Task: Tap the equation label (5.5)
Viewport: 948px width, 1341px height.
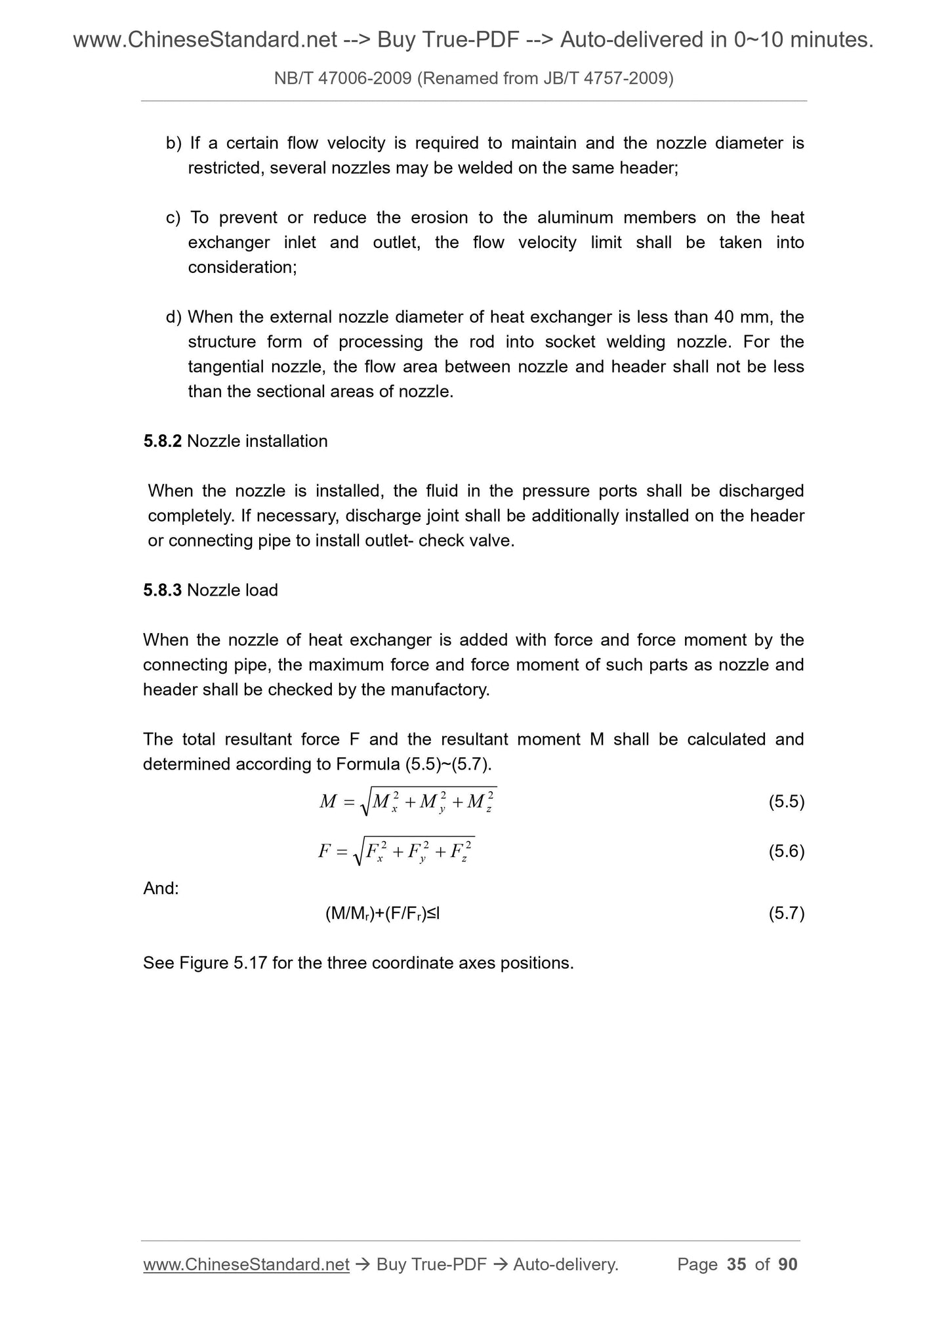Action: [786, 801]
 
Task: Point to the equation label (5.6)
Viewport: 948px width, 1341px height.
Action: [786, 851]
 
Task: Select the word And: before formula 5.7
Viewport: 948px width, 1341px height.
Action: [161, 888]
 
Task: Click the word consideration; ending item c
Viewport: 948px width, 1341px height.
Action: [242, 267]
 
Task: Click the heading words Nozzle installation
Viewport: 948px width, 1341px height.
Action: [257, 441]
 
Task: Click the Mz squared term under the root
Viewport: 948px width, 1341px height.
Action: [480, 802]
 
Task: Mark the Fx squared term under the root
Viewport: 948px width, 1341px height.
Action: [375, 852]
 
